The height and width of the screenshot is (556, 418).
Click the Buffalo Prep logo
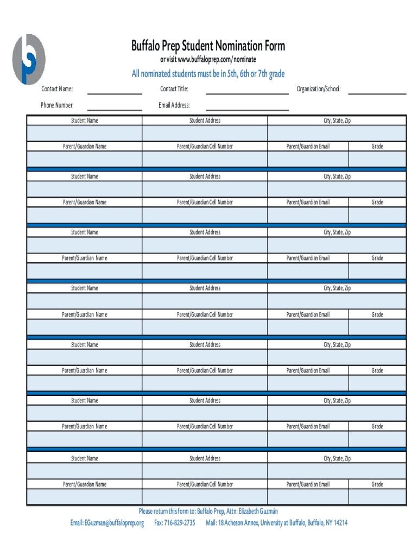click(x=29, y=59)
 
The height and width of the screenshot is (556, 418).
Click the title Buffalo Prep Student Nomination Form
click(x=208, y=46)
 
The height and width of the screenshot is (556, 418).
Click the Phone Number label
click(x=57, y=105)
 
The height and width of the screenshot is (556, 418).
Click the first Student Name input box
click(x=85, y=133)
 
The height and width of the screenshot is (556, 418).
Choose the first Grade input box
click(x=377, y=159)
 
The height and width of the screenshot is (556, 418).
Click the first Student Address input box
click(x=205, y=133)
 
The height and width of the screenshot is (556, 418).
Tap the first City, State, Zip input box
click(x=337, y=133)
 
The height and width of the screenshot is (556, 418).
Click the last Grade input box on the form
click(x=377, y=496)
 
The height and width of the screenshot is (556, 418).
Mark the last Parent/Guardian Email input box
click(x=308, y=496)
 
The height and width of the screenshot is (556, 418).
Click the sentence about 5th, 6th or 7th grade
click(x=208, y=74)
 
